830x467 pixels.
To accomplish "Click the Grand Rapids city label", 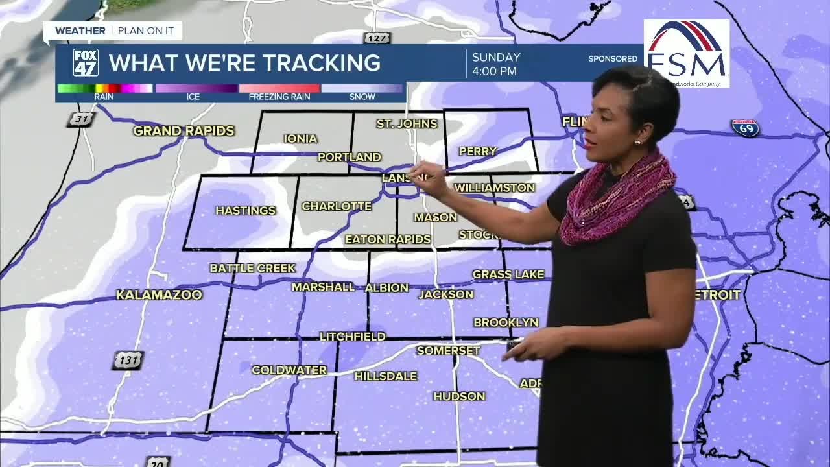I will click(184, 131).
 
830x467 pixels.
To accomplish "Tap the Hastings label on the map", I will click(245, 210).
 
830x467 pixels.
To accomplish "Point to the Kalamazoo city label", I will click(159, 295).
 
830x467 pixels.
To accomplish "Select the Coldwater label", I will click(289, 370).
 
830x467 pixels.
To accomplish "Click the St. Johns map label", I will click(407, 123).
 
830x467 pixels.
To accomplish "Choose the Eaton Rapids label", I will click(388, 239).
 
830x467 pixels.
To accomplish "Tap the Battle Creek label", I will click(252, 268).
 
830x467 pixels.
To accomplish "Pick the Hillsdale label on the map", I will click(385, 376).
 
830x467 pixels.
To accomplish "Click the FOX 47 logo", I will click(86, 63).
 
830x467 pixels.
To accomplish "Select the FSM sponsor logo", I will click(686, 53).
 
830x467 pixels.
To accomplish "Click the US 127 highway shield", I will click(377, 38).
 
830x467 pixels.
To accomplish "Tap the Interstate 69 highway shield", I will click(745, 128).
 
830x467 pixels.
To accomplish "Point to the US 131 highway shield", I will click(127, 361).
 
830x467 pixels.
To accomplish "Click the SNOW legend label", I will click(362, 97).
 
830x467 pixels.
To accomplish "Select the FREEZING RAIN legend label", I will click(279, 97).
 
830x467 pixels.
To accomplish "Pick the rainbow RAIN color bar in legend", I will click(104, 88).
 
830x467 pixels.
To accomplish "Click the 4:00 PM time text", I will click(494, 71).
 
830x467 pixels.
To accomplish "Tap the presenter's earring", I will click(637, 142).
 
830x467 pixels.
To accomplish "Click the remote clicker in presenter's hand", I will click(514, 344).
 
